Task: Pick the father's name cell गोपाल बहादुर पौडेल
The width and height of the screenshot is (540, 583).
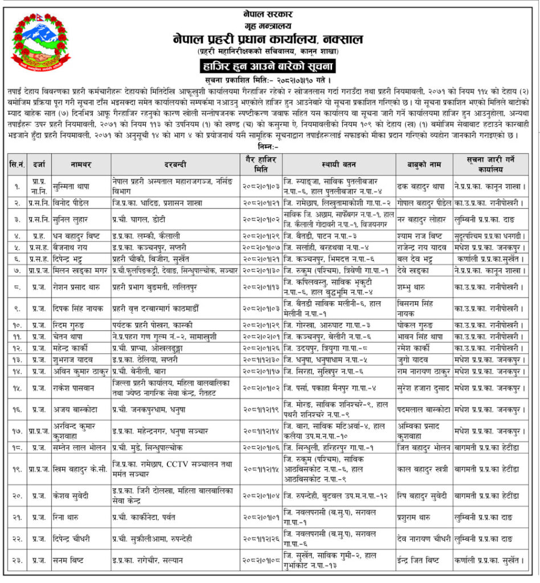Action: (424, 203)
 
